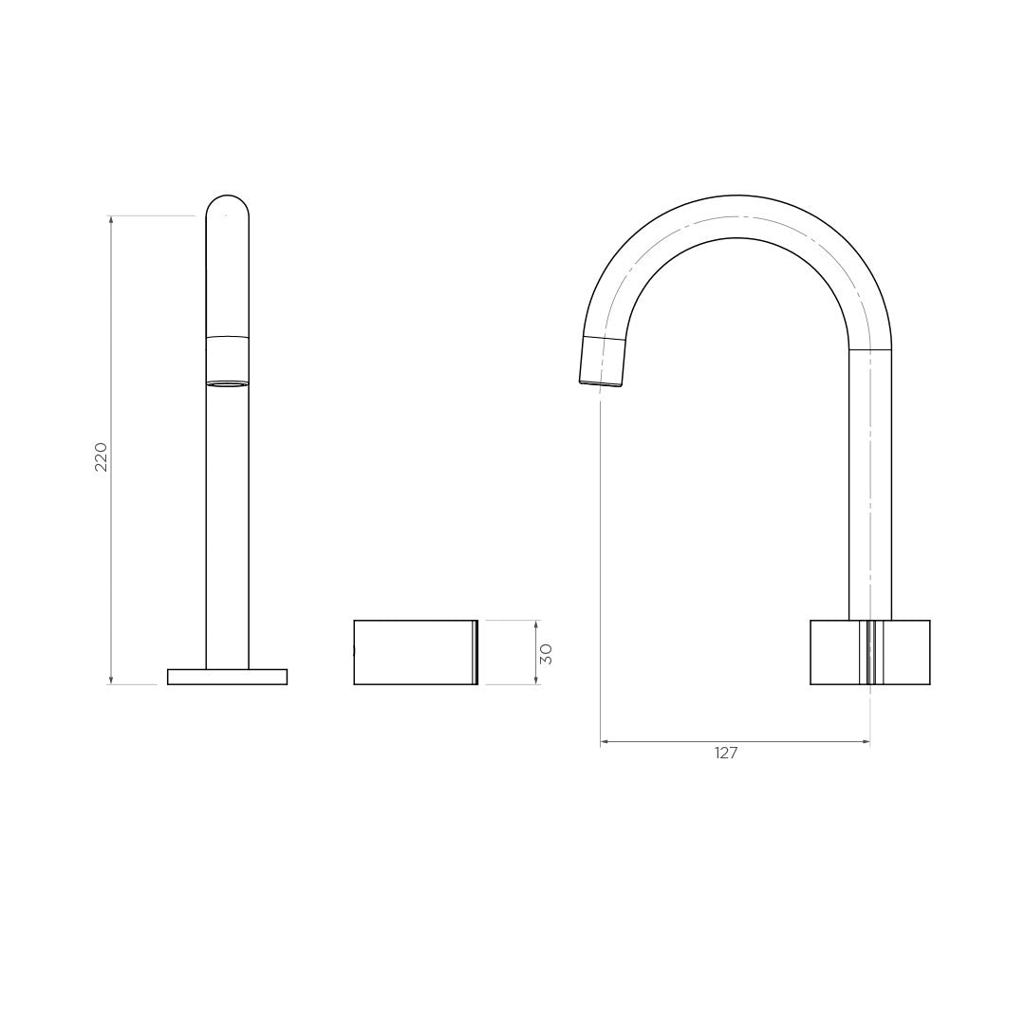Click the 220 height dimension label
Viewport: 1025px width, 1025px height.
tap(101, 457)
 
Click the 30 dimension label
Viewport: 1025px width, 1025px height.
tap(546, 653)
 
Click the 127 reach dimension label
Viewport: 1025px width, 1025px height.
tap(726, 753)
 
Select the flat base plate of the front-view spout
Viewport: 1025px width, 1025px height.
tap(227, 677)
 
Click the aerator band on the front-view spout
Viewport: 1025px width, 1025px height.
tap(228, 361)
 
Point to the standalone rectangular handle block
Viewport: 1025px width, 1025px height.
tap(414, 652)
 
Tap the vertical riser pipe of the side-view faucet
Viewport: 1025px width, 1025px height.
tap(870, 484)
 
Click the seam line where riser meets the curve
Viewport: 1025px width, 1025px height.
tap(870, 350)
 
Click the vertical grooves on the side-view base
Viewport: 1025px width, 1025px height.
tap(870, 652)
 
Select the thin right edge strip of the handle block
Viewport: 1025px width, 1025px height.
tap(475, 652)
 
